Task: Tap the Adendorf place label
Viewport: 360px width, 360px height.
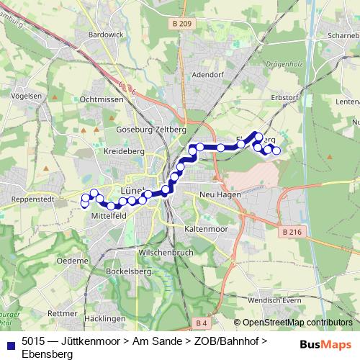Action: pyautogui.click(x=210, y=74)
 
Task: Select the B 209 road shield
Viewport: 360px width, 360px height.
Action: pyautogui.click(x=183, y=24)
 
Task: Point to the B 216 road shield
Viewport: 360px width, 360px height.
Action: pyautogui.click(x=292, y=231)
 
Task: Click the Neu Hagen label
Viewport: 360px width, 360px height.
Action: pyautogui.click(x=217, y=195)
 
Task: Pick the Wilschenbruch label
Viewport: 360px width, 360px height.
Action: pyautogui.click(x=167, y=254)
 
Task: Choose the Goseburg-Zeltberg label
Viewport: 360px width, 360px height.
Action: pyautogui.click(x=151, y=129)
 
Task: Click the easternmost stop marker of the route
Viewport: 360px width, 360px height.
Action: pyautogui.click(x=276, y=151)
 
